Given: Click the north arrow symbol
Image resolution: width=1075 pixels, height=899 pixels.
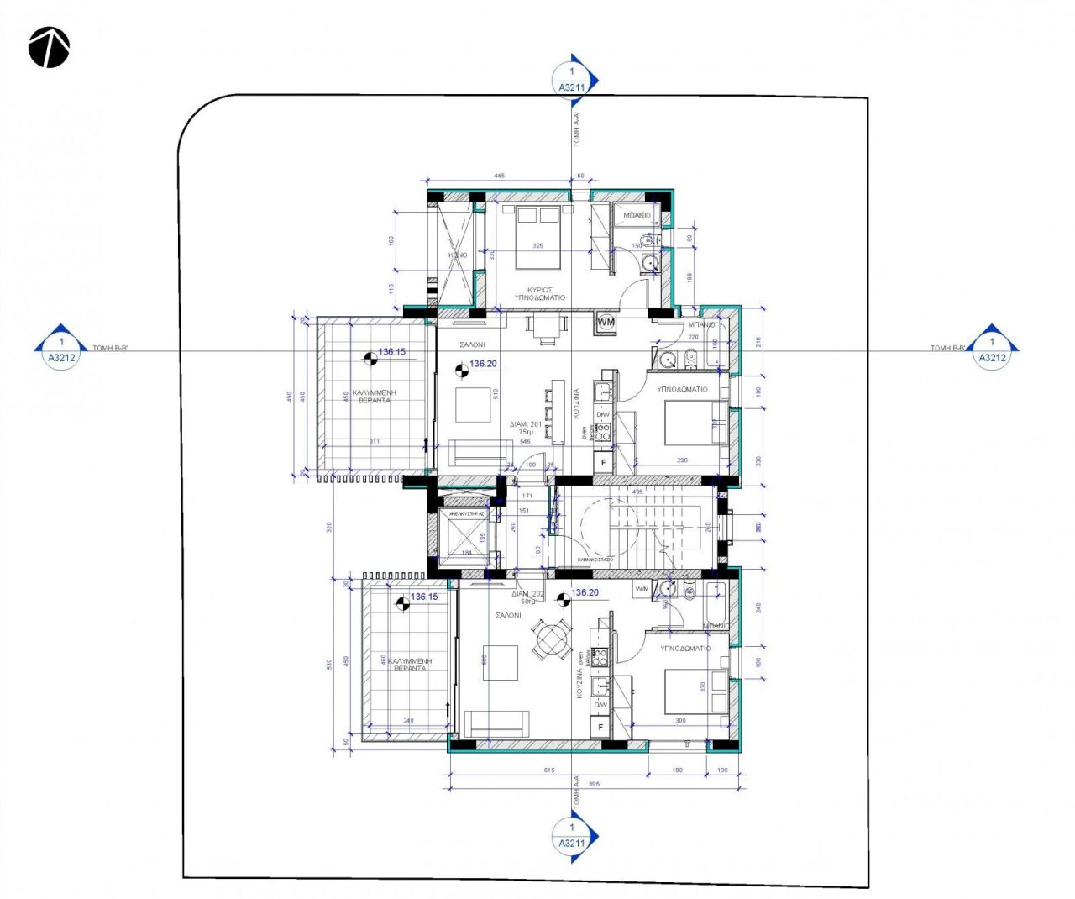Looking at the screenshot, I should coord(49,47).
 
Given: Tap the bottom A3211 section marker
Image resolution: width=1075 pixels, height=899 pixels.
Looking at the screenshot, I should coord(573,836).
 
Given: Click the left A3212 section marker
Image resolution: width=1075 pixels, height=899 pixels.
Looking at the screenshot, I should coord(60,350).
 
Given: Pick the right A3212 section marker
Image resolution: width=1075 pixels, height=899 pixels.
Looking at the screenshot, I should coord(992,350).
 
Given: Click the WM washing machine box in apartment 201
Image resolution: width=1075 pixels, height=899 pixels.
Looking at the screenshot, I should coord(606,322).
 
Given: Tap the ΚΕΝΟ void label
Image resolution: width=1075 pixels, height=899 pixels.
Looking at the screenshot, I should coord(458,255).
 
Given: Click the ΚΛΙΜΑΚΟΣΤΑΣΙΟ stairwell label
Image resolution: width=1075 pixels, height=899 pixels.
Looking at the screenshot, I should coord(595,559).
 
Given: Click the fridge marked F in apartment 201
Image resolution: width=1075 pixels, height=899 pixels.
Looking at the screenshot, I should coord(603,462).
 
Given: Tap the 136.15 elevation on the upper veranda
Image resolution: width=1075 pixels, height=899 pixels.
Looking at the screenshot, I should coord(391,352).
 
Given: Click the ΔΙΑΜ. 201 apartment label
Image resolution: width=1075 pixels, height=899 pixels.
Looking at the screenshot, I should coord(526,425).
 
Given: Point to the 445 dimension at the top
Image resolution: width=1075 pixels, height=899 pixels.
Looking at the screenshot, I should coord(499,176).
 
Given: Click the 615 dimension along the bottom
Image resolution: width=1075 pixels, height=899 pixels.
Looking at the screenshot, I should coord(549,770).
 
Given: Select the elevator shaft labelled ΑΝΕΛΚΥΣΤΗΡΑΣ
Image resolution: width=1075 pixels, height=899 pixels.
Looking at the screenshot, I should coord(463,536).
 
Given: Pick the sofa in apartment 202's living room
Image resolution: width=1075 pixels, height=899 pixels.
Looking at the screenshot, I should coord(496,722).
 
